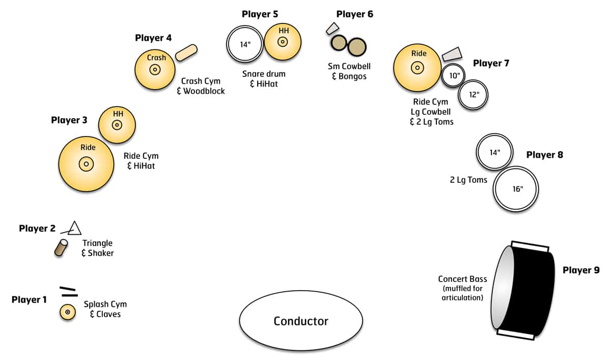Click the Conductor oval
(x=301, y=321)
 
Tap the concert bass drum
(x=524, y=291)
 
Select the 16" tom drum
(x=516, y=189)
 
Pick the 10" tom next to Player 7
(x=454, y=76)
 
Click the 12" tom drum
(x=473, y=94)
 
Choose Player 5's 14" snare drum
(x=245, y=44)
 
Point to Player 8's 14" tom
(x=494, y=152)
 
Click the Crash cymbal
(x=155, y=70)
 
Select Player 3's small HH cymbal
(x=117, y=124)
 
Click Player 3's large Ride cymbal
(x=87, y=163)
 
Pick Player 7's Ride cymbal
(x=418, y=67)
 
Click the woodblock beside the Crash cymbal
(x=186, y=52)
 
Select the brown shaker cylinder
(x=62, y=247)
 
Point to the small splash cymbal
(x=68, y=311)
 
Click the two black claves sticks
(x=68, y=291)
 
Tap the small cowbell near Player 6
(x=332, y=29)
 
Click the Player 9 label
(x=580, y=270)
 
